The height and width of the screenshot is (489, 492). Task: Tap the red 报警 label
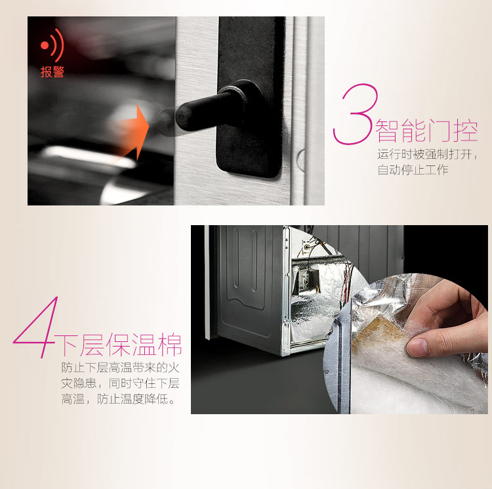[x=52, y=72]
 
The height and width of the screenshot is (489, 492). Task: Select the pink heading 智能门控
[x=426, y=130]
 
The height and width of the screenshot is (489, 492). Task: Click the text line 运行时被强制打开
[x=426, y=154]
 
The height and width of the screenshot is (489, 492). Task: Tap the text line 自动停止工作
[x=413, y=170]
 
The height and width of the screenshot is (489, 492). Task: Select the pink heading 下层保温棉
[x=119, y=345]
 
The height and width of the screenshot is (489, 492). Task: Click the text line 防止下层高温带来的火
[x=121, y=368]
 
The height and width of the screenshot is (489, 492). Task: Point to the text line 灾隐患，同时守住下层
[x=121, y=383]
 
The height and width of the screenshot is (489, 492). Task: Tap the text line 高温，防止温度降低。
[x=117, y=399]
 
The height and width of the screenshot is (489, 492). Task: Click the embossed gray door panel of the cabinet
[x=245, y=282]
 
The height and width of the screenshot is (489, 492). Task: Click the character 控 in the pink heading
[x=465, y=130]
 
